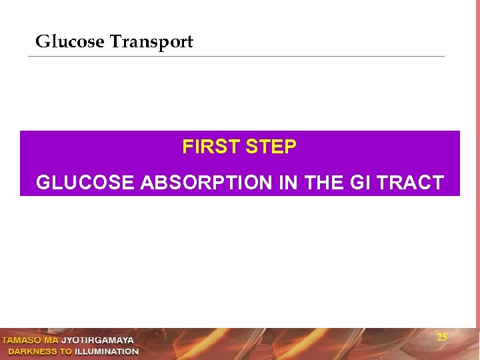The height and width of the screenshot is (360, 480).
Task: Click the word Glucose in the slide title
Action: pos(69,42)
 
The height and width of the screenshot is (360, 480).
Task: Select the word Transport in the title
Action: pos(151,42)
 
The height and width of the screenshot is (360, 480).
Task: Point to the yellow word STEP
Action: pos(271,147)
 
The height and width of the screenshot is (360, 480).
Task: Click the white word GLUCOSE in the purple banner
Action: pos(85,183)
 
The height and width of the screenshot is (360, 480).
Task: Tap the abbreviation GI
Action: pos(361,183)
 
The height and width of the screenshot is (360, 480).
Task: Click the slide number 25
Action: pos(442,337)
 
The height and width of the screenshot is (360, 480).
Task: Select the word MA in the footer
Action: pos(52,341)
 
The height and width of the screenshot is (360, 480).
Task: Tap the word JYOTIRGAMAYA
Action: pos(97,341)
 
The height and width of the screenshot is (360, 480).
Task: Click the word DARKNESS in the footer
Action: pos(31,351)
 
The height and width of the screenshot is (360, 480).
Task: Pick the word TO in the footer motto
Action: pos(65,351)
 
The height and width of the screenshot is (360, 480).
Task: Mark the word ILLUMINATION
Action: pos(107,351)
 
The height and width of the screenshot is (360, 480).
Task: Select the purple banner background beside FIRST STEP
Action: pos(100,147)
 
